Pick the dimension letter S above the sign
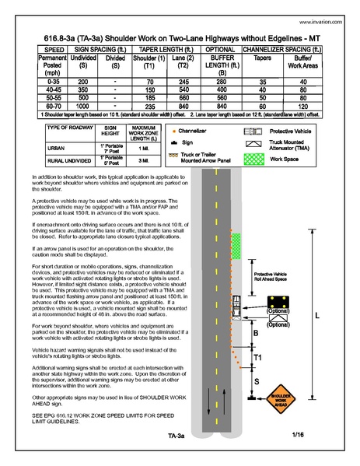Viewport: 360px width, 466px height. click(257, 381)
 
